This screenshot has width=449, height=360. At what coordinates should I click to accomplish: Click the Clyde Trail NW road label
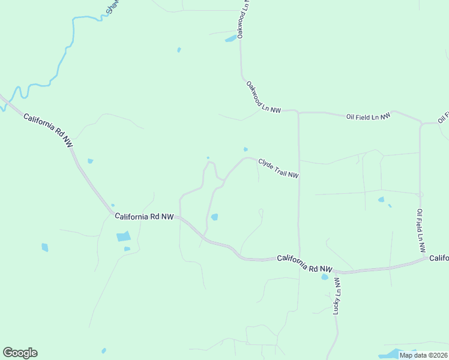[279, 168]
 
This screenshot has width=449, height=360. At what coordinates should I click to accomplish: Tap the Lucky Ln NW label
[337, 296]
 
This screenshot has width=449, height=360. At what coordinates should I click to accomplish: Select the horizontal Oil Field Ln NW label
[368, 116]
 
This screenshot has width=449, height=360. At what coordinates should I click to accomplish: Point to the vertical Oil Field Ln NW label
[421, 230]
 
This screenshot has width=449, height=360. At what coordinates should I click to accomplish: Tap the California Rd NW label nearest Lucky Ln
[304, 263]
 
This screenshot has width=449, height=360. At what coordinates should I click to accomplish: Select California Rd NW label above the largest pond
[144, 216]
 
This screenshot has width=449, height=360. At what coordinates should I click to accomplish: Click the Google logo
[20, 353]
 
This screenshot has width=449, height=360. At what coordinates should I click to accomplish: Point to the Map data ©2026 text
[423, 355]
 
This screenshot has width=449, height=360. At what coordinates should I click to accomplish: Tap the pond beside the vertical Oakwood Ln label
[231, 40]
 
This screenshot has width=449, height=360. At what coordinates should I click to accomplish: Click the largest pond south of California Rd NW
[123, 236]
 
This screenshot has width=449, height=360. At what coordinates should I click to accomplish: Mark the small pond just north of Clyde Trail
[246, 149]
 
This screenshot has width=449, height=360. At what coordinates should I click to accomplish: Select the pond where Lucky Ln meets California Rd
[325, 277]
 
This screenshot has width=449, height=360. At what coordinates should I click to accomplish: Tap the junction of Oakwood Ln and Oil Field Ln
[298, 112]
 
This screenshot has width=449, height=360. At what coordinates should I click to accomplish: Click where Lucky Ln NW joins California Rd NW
[334, 272]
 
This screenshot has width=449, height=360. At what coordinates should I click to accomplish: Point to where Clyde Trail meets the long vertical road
[299, 178]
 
